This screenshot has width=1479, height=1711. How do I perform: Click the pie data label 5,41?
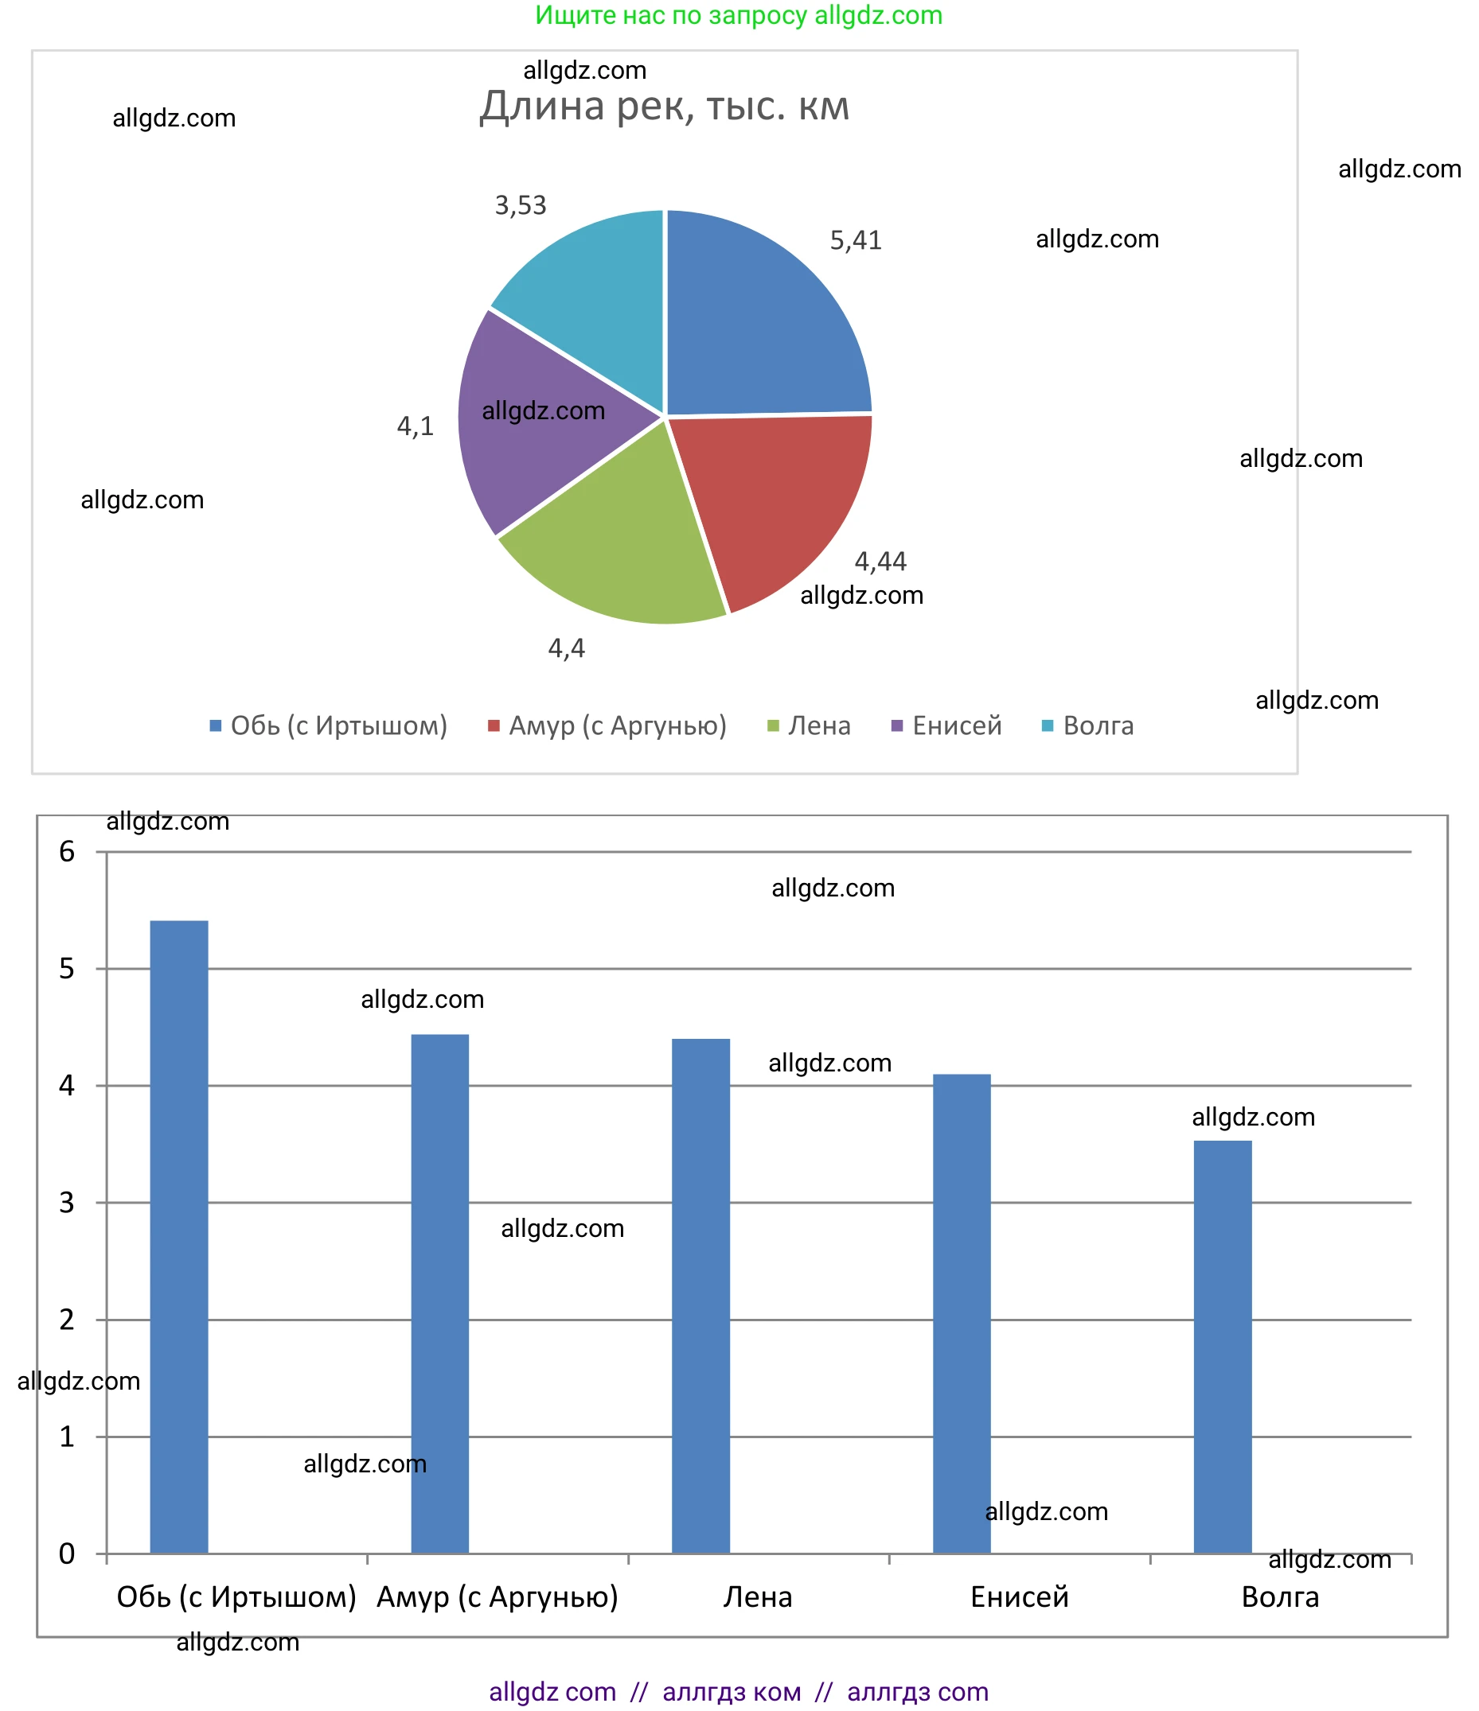click(855, 240)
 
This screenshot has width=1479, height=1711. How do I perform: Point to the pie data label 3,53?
click(521, 204)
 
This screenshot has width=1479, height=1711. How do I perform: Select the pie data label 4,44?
click(880, 562)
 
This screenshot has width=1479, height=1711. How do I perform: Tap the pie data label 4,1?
click(415, 426)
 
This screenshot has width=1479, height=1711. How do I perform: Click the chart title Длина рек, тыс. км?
click(665, 107)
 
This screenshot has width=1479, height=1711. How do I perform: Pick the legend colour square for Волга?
click(1047, 726)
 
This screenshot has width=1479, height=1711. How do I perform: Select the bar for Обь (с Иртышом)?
click(178, 1239)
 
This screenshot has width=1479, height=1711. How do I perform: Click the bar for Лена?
click(700, 1297)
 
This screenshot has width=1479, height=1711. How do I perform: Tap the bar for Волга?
click(1222, 1346)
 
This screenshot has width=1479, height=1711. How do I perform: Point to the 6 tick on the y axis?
click(67, 851)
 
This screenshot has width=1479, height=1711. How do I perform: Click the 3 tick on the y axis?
click(67, 1203)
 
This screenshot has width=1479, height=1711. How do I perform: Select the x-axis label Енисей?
click(1019, 1597)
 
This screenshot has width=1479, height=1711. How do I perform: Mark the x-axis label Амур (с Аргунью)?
click(497, 1597)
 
